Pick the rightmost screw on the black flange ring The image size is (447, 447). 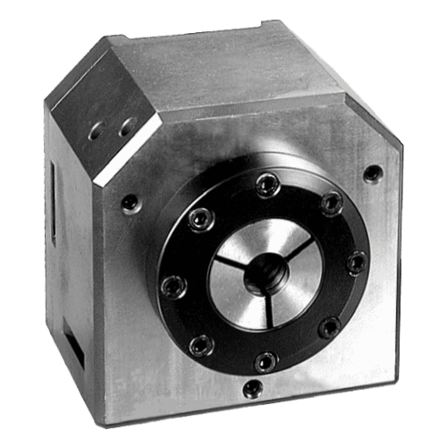coord(354,262)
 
